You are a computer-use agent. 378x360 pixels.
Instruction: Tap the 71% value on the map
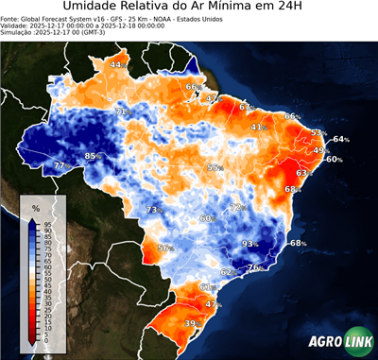click(122, 111)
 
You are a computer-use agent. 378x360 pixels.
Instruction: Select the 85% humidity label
click(93, 156)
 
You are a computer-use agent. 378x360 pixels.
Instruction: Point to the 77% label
click(60, 166)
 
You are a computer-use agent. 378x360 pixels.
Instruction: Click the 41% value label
click(258, 127)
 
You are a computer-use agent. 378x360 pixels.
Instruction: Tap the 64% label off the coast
click(341, 140)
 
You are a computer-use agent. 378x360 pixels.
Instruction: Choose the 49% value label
click(321, 150)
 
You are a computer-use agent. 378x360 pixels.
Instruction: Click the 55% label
click(215, 167)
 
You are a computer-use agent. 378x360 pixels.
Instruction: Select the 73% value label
click(154, 210)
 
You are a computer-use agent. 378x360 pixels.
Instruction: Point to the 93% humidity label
click(250, 244)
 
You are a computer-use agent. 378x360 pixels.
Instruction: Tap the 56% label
click(165, 249)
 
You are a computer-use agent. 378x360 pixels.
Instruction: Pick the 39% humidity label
click(191, 324)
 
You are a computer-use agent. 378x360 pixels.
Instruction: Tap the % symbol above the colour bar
click(35, 207)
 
